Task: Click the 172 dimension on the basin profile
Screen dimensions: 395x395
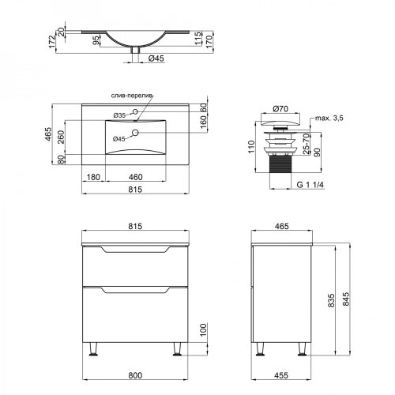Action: (52, 42)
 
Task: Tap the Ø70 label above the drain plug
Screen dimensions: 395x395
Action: (280, 108)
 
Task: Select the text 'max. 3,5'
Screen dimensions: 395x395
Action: (329, 118)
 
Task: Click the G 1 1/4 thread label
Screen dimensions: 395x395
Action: (310, 185)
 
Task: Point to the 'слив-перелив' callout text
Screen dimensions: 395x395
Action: (132, 96)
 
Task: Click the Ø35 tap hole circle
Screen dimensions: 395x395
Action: (135, 111)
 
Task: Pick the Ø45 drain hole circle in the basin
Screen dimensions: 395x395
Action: (135, 133)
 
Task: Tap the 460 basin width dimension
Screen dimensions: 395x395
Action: (135, 177)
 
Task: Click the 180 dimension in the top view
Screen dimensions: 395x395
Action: (93, 177)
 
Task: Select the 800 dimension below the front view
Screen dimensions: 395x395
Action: (135, 375)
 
